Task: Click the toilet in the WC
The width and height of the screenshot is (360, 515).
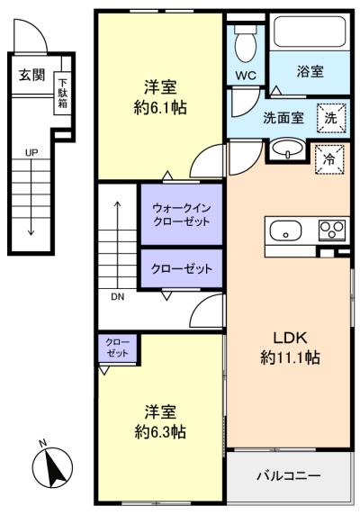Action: (246, 43)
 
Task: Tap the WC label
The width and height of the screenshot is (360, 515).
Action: (246, 76)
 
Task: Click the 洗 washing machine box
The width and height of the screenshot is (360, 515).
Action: (331, 118)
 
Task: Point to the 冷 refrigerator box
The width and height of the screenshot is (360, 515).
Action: (329, 159)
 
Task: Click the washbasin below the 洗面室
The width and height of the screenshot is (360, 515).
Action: (288, 149)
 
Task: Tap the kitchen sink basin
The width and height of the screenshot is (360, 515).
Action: (285, 230)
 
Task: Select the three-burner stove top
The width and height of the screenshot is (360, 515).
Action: (332, 230)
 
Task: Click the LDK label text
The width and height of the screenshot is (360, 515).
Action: (290, 338)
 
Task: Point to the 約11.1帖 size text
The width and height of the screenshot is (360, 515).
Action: (290, 357)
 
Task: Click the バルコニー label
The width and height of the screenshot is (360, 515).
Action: (289, 475)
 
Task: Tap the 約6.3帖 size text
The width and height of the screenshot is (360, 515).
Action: (160, 431)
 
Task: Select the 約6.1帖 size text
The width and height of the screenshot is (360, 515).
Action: (160, 107)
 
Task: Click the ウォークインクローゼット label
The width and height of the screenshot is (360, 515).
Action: (182, 214)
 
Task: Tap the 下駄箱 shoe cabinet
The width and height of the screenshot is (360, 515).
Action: (62, 94)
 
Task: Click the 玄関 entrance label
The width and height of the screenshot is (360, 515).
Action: (31, 75)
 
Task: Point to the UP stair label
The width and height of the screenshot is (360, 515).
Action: (31, 152)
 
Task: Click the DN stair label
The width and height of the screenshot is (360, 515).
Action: (118, 297)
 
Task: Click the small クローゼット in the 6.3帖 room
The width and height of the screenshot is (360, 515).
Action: (118, 348)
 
